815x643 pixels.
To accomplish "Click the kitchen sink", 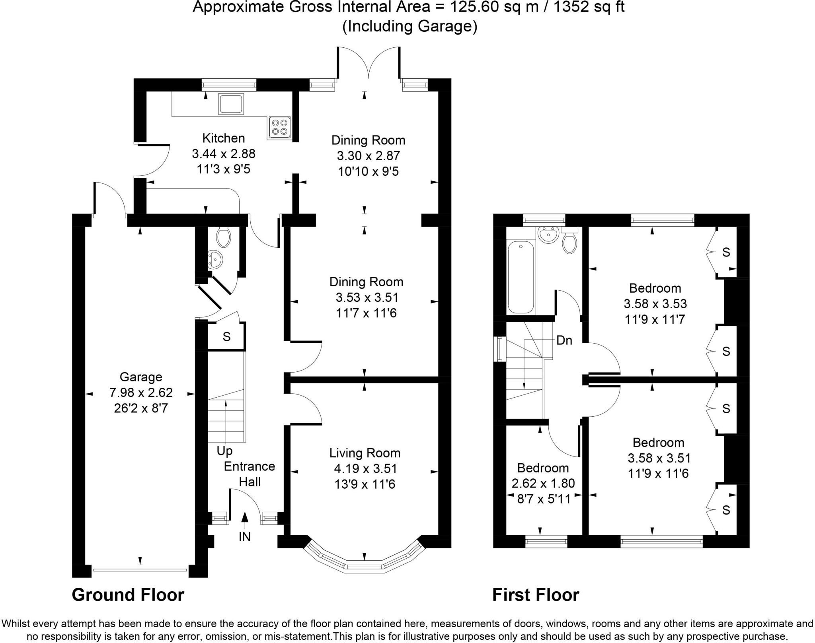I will pyautogui.click(x=230, y=104).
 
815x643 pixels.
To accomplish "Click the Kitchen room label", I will pyautogui.click(x=223, y=138).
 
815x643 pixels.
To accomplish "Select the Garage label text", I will pyautogui.click(x=141, y=377).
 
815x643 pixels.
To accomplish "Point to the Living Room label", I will pyautogui.click(x=365, y=453).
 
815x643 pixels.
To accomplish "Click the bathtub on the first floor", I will pyautogui.click(x=521, y=277).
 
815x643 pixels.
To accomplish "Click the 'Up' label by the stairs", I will pyautogui.click(x=224, y=451).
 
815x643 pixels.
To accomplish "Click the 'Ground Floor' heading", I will pyautogui.click(x=128, y=595).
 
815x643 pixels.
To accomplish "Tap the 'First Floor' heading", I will pyautogui.click(x=536, y=595).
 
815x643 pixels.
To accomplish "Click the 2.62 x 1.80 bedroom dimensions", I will pyautogui.click(x=543, y=483).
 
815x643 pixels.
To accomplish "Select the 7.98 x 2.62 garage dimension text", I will pyautogui.click(x=141, y=392).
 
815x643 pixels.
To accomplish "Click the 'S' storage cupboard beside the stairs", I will pyautogui.click(x=226, y=337).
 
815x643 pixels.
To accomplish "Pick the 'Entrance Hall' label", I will pyautogui.click(x=250, y=474).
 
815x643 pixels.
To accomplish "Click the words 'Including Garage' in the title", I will pyautogui.click(x=409, y=26).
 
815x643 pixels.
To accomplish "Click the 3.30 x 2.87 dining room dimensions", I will pyautogui.click(x=368, y=155).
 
